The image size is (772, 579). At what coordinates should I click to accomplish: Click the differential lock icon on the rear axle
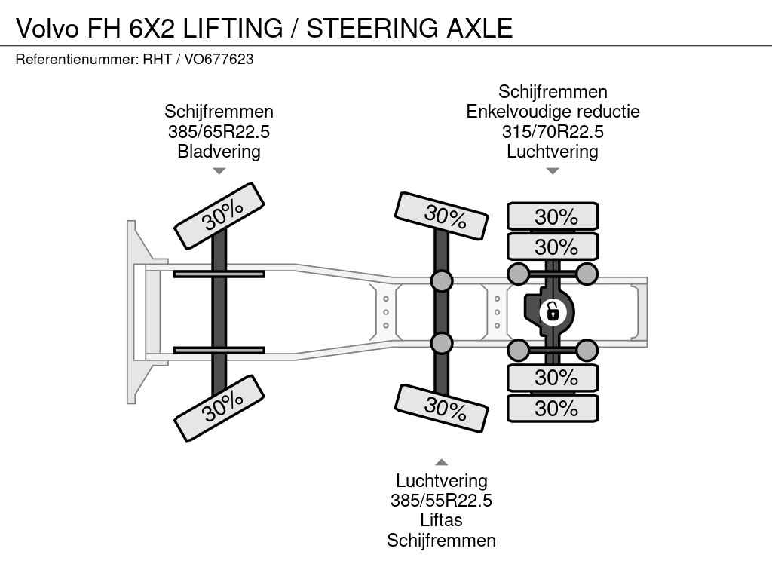coord(553,311)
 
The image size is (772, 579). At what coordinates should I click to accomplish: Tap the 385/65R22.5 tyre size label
coord(219,132)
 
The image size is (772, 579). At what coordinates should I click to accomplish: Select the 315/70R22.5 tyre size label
coord(553,132)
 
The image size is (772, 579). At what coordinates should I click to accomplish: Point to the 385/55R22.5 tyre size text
coord(441,501)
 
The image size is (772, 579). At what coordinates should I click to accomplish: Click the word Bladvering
coord(219,152)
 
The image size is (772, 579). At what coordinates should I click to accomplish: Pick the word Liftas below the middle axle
coord(441,520)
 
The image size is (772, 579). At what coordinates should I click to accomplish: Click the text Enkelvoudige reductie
coord(553,112)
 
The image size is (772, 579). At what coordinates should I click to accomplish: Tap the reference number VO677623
coord(219,59)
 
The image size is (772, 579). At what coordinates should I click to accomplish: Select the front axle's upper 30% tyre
coord(219,216)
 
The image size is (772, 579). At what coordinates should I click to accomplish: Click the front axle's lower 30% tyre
coord(219,408)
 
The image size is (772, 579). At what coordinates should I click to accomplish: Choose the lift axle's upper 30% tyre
coord(443,216)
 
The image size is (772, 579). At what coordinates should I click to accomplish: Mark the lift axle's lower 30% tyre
coord(443,407)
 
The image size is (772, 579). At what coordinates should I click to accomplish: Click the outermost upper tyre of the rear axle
coord(553,216)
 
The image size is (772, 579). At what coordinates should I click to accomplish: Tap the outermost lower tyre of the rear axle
coord(553,409)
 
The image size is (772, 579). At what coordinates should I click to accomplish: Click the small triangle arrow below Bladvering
coord(219,171)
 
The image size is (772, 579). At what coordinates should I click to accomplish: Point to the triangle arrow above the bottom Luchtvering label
coord(441,462)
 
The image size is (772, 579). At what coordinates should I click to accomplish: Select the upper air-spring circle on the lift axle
coord(442,281)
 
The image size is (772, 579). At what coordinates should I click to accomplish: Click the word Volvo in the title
coord(47,28)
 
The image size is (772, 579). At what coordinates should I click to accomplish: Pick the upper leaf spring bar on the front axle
coord(219,274)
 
